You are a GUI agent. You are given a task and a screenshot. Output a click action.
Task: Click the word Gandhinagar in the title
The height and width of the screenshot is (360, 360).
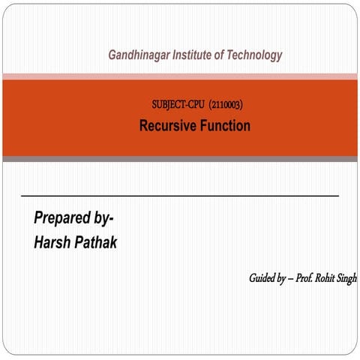pyautogui.click(x=139, y=55)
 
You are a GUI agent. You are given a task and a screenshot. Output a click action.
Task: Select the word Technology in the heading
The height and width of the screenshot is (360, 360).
pyautogui.click(x=256, y=55)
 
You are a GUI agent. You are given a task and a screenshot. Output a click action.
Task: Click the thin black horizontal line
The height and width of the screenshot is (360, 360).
pyautogui.click(x=180, y=195)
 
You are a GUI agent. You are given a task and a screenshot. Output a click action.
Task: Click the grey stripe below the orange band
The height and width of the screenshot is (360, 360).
pyautogui.click(x=180, y=159)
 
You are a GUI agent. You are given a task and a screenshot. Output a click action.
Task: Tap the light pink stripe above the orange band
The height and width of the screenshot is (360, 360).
pyautogui.click(x=180, y=76)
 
